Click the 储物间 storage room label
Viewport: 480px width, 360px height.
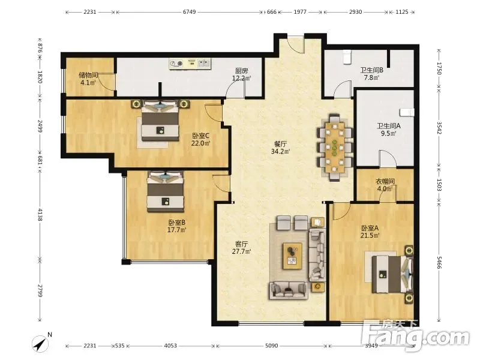88,75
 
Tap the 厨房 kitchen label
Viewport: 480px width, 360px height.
242,71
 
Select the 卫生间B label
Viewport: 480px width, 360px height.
371,70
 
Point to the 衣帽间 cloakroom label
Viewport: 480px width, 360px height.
385,182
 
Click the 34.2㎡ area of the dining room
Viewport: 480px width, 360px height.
280,151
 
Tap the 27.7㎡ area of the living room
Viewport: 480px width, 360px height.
242,251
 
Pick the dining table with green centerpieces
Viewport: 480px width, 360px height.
335,148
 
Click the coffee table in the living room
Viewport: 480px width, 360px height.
292,256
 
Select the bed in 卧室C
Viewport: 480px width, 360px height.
160,121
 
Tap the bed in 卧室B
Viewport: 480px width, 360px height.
166,192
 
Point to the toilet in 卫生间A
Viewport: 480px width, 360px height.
407,112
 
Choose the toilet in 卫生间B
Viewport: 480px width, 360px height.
347,57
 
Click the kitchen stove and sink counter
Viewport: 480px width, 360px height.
190,64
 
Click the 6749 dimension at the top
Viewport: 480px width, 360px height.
189,12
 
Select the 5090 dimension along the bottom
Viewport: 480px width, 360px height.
272,346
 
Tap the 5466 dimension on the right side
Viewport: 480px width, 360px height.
439,262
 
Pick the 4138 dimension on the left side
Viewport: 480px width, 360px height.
40,215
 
